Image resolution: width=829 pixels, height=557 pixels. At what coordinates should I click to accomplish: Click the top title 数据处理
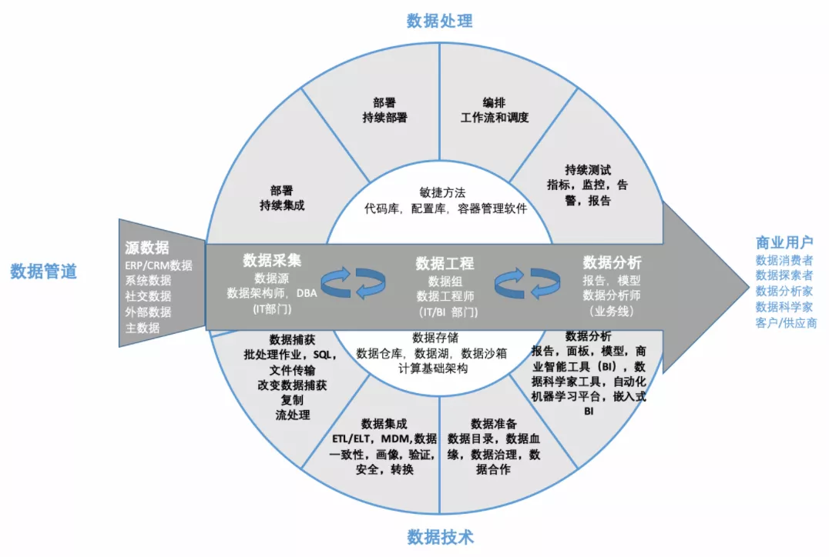(439, 21)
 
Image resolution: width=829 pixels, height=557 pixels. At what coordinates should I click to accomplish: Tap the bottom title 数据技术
(439, 536)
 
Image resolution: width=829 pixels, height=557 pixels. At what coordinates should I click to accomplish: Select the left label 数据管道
(43, 271)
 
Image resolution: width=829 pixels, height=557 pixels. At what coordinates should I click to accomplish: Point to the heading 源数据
(147, 248)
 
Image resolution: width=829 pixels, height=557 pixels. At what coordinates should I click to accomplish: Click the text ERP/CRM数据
(159, 265)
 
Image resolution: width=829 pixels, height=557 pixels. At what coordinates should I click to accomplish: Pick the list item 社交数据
(148, 296)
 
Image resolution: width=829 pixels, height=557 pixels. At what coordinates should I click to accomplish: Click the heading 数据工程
(445, 263)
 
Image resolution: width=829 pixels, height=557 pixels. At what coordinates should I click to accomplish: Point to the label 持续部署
(384, 118)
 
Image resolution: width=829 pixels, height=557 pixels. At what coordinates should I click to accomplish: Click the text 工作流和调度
(495, 118)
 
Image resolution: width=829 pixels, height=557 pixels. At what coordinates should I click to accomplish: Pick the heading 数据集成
(384, 423)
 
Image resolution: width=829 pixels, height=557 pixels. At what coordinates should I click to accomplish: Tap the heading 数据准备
(493, 423)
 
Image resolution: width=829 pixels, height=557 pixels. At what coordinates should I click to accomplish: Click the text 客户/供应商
(786, 323)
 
